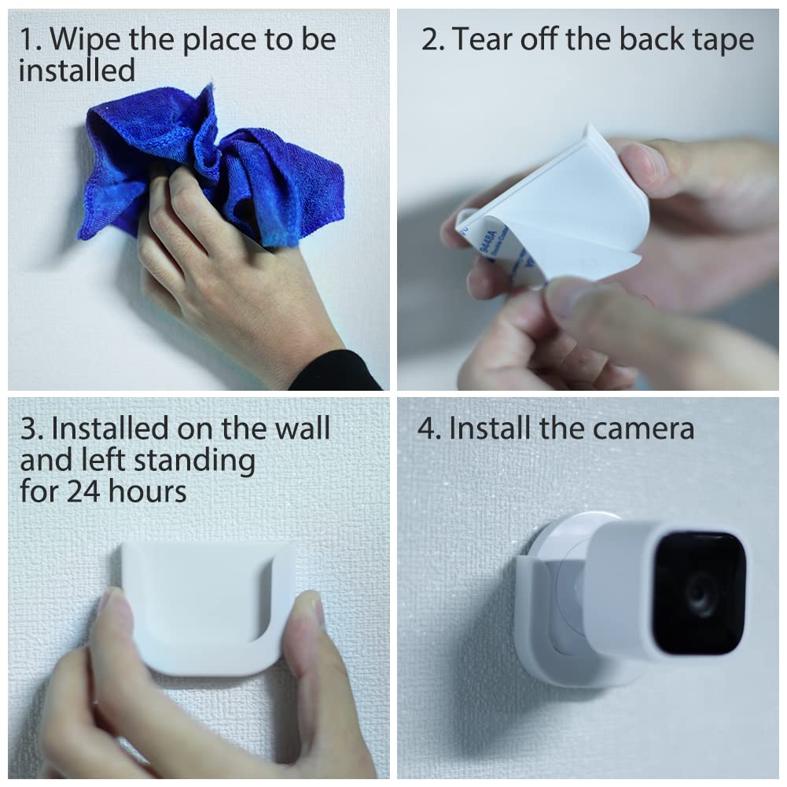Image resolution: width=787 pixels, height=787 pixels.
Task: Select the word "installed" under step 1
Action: tap(76, 71)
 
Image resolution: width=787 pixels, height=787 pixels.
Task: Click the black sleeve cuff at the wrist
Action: tap(338, 371)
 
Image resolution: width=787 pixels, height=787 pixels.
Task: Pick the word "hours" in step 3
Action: tap(148, 492)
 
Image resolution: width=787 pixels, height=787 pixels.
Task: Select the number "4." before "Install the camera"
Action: tap(429, 428)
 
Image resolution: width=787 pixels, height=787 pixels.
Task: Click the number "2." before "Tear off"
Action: tap(432, 40)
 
